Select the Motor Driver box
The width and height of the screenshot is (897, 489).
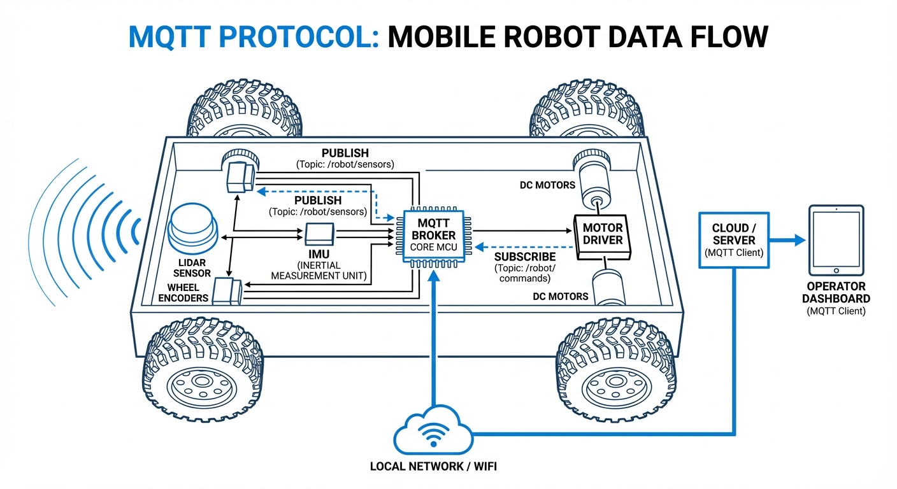(603, 235)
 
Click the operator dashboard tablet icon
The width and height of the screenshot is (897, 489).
(835, 240)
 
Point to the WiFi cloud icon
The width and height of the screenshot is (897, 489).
(433, 431)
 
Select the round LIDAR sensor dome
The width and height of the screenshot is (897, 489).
(193, 230)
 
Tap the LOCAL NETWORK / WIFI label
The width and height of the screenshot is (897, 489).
(433, 467)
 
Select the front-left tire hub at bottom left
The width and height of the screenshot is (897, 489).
(201, 382)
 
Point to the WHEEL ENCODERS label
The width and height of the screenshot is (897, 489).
(183, 293)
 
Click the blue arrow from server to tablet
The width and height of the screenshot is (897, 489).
(787, 241)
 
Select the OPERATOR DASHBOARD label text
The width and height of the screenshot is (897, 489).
(835, 293)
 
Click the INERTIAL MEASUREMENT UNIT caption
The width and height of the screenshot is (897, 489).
(315, 270)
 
